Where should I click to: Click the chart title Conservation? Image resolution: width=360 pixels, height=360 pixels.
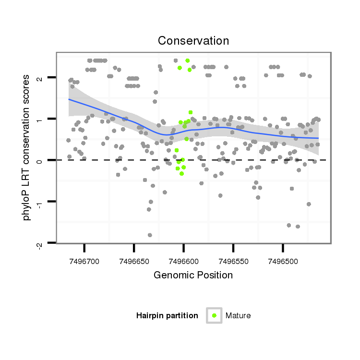coord(193,41)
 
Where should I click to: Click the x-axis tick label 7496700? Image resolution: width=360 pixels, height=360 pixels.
coord(84,261)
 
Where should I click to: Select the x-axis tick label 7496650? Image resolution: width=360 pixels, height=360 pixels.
coord(134,261)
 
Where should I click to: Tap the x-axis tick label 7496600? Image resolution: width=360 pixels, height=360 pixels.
coord(184,261)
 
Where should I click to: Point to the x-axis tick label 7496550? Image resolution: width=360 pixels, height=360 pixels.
coord(233,261)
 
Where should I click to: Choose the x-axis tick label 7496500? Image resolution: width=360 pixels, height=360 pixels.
coord(283,261)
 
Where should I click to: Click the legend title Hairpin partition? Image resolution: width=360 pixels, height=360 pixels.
coord(167,316)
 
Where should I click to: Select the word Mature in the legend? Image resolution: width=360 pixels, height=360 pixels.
coord(238,316)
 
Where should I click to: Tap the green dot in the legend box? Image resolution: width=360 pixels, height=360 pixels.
coord(214,315)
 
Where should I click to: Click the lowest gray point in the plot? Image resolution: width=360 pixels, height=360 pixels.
coord(150,235)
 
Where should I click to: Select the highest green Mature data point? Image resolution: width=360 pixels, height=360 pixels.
coord(187,60)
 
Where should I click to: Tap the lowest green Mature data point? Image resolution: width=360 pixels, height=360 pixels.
coord(181,173)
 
